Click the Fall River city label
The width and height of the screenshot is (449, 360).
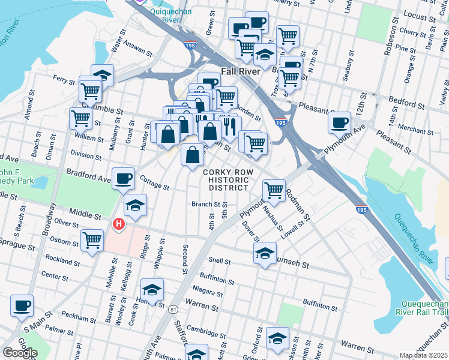[x=240, y=71]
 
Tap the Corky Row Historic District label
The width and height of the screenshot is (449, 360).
[x=226, y=180]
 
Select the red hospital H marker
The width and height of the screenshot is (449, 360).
[x=119, y=225]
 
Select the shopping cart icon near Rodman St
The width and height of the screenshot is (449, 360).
[x=274, y=190]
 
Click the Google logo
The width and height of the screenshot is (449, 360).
[x=20, y=353]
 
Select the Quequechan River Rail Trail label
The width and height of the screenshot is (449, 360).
[x=420, y=307]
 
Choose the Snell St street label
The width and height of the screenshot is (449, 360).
[x=220, y=261]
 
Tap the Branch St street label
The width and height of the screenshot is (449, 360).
[x=205, y=204]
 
